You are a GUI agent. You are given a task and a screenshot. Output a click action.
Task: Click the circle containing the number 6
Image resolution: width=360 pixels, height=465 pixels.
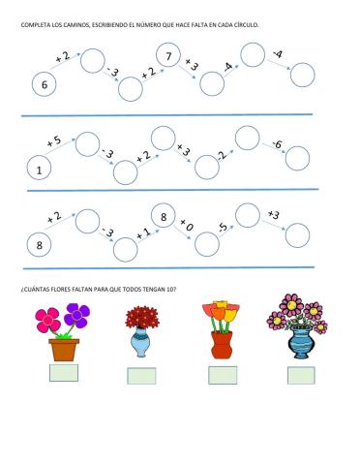(45, 86)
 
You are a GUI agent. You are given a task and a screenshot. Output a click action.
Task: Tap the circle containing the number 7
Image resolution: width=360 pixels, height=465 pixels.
(169, 59)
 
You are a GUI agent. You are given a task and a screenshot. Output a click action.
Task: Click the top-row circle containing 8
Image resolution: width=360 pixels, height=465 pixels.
(165, 218)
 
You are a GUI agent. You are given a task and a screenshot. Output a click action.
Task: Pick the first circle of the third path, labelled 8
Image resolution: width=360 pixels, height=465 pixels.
(40, 245)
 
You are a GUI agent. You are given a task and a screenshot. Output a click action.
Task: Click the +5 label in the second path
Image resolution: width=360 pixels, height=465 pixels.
(54, 142)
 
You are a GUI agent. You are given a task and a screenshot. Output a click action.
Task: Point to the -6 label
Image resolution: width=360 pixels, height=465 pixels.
(277, 145)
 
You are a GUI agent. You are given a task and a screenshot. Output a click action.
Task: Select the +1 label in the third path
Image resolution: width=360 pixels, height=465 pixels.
(143, 232)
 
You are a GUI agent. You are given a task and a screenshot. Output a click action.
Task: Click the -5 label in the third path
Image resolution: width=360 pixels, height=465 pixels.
(223, 229)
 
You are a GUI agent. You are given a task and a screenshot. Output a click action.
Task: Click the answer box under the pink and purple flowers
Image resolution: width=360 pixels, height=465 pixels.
(64, 373)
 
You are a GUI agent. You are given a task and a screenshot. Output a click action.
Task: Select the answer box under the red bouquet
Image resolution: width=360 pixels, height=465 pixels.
(141, 376)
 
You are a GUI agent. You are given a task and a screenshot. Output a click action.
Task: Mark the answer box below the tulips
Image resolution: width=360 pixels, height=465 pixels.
(222, 375)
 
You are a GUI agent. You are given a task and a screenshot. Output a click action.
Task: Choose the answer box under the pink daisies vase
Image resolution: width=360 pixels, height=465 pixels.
(300, 375)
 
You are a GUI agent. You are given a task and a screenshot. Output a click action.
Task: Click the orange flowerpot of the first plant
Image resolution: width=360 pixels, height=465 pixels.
(65, 349)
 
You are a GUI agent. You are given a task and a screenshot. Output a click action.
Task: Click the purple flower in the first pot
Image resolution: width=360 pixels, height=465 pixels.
(76, 315)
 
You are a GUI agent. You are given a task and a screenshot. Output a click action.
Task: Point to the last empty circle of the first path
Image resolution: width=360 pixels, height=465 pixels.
(303, 75)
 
